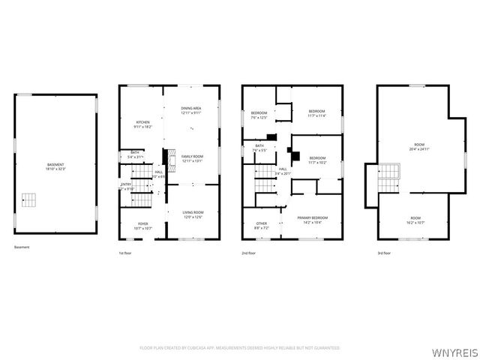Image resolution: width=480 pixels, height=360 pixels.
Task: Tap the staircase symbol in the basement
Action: click(x=28, y=199)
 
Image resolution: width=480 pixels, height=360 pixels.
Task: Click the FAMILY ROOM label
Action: click(x=193, y=158)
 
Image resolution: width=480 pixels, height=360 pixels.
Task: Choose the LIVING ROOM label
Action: click(x=193, y=214)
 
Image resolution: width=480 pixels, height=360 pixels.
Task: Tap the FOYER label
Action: click(x=142, y=226)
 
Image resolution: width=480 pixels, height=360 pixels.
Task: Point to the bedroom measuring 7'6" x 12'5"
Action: click(x=259, y=115)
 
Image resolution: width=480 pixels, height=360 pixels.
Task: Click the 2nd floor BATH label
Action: click(x=259, y=148)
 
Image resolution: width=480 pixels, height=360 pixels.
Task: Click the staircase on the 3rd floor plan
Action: click(x=386, y=181)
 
